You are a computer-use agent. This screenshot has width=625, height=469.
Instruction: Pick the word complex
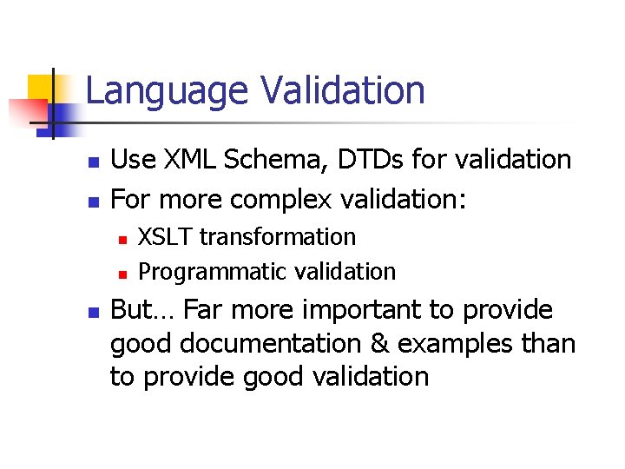pos(282,201)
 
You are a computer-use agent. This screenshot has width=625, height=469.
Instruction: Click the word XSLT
pos(166,237)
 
